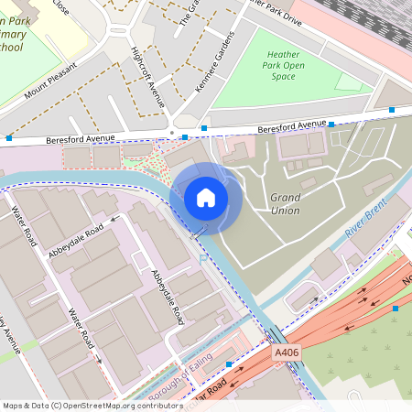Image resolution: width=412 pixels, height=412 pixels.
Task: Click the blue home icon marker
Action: tap(206, 198)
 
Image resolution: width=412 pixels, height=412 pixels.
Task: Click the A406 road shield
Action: tap(286, 351)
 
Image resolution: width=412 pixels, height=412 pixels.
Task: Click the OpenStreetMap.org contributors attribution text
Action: tap(133, 406)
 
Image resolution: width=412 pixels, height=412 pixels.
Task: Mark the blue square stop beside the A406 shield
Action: tap(229, 364)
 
